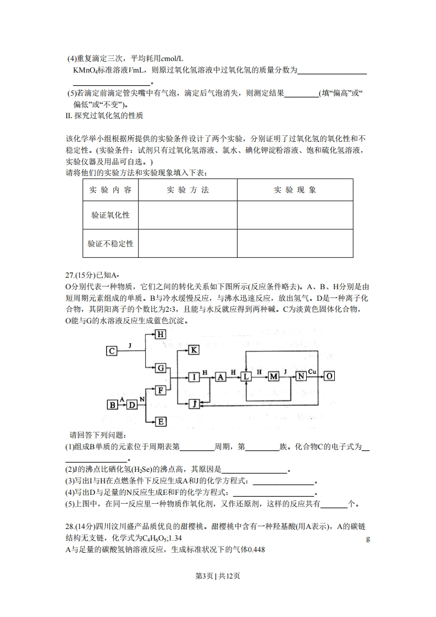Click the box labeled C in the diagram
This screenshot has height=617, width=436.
[x=112, y=351]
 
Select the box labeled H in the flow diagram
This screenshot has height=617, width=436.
[x=161, y=334]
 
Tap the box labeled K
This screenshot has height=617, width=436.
[x=195, y=350]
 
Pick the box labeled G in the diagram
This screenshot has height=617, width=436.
[x=161, y=367]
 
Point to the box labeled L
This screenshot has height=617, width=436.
[x=246, y=377]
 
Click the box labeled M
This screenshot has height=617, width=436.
[x=274, y=377]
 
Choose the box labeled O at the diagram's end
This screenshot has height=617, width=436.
[x=329, y=376]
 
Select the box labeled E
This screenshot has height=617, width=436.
[x=161, y=422]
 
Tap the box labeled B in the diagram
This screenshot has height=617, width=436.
[x=113, y=405]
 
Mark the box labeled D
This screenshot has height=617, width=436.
[x=132, y=405]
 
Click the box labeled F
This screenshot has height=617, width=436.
[x=161, y=390]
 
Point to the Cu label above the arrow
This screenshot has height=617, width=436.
[x=312, y=372]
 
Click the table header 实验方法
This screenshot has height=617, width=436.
[x=187, y=190]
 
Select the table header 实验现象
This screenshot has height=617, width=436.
[x=295, y=190]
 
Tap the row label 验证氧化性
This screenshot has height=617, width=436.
[x=111, y=215]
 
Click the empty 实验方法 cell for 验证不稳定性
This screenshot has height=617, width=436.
[x=187, y=243]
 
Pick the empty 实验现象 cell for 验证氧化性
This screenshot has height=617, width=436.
[x=295, y=215]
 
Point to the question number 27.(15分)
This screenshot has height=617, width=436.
[x=83, y=276]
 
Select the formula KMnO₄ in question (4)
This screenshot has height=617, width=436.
[x=85, y=70]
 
